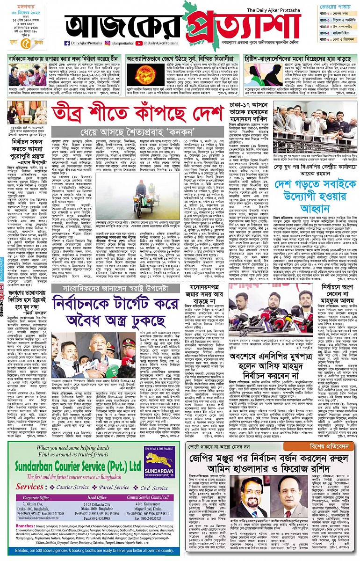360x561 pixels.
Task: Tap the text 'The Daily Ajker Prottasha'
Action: [x=274, y=10]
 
